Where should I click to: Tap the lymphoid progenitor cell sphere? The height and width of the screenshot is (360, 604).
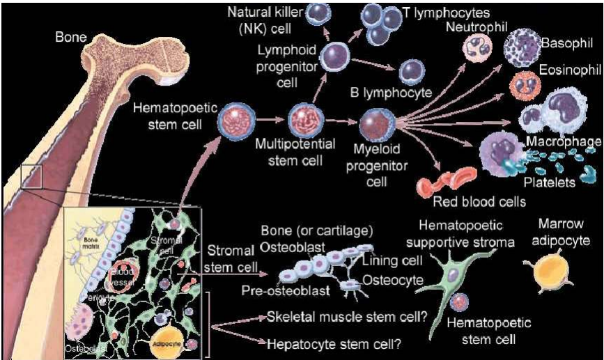tap(337, 54)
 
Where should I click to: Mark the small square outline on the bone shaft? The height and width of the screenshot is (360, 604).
tap(33, 176)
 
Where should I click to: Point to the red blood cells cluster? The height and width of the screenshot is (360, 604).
tap(447, 181)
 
